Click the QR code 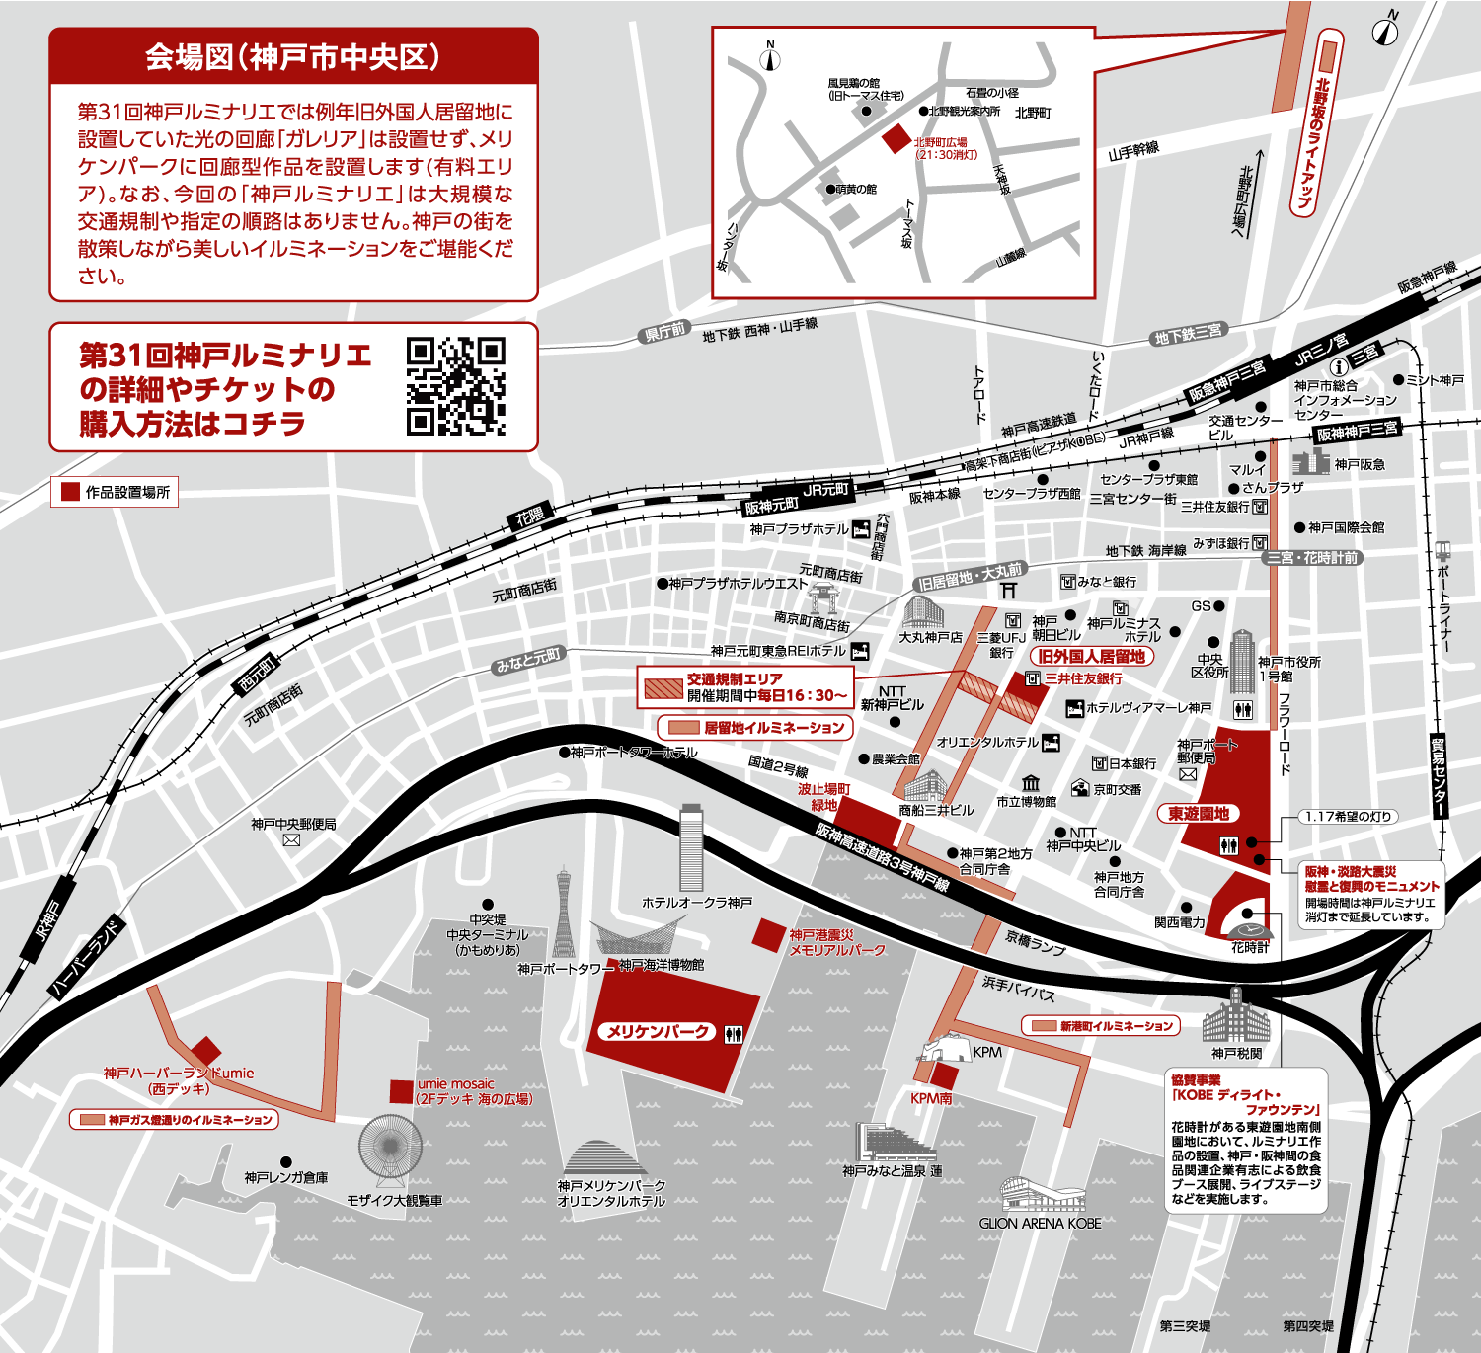(x=455, y=386)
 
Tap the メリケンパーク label (x=658, y=1032)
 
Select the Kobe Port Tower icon (x=563, y=914)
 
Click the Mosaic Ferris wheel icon (x=391, y=1152)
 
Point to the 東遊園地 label (x=1199, y=814)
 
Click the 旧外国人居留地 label (x=1091, y=656)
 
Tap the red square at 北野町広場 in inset (x=896, y=139)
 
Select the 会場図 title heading (x=293, y=57)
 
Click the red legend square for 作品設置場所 (x=70, y=492)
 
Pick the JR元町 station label (x=825, y=490)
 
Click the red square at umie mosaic (x=401, y=1091)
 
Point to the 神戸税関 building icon (x=1236, y=1016)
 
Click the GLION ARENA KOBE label (x=1040, y=1223)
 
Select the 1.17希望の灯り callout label (x=1348, y=817)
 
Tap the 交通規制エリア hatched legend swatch (x=663, y=688)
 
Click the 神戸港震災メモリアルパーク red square (x=768, y=934)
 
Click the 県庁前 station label (x=664, y=332)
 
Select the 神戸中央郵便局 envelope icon (x=291, y=840)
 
